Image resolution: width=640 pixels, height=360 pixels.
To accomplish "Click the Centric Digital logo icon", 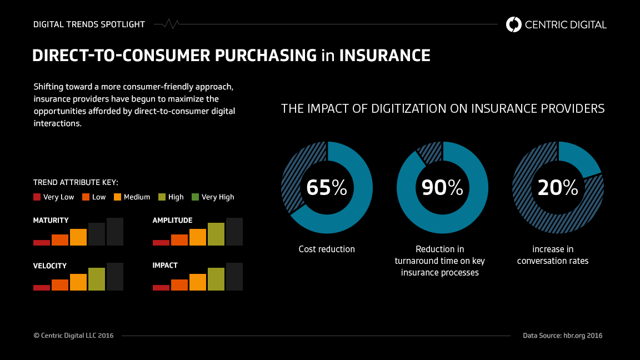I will [514, 24].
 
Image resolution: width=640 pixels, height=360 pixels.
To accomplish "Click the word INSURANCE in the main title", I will [384, 56].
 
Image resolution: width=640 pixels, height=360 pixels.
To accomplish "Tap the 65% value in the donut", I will [327, 188].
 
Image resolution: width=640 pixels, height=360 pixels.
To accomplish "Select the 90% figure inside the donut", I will [442, 188].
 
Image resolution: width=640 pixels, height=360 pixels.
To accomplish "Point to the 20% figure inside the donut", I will [558, 188].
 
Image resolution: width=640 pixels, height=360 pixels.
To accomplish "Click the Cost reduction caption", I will [327, 249].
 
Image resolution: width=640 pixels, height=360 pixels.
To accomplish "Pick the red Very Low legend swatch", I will [37, 197].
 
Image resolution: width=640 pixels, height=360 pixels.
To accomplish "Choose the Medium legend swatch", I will [118, 197].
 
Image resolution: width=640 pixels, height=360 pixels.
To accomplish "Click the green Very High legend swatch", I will [195, 197].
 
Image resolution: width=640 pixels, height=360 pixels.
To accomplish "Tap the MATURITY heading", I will [51, 221].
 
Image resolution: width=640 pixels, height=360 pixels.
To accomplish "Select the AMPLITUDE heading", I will [172, 221].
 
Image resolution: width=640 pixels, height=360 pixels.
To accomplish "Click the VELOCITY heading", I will [50, 266].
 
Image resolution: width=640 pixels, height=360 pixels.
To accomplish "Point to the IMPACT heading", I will [165, 266].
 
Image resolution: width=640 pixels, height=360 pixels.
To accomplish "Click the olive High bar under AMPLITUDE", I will [216, 234].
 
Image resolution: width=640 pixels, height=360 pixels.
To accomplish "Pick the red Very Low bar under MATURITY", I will [42, 242].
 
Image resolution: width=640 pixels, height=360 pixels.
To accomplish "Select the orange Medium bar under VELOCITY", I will [78, 282].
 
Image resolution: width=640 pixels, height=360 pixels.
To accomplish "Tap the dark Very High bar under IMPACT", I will [234, 277].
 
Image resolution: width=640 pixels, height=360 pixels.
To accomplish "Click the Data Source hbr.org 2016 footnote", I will [562, 336].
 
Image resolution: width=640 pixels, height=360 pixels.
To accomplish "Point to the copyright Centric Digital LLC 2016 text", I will [73, 336].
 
